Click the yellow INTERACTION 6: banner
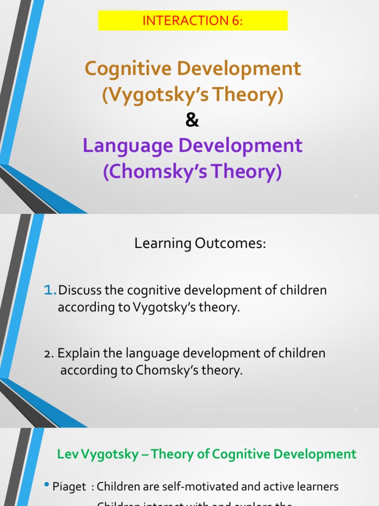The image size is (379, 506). coord(192,20)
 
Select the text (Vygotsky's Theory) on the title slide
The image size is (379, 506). coord(192,94)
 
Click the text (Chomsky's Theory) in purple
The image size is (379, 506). coord(192,171)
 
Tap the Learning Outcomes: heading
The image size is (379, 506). coord(200,243)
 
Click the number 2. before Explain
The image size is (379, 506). coord(49,354)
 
